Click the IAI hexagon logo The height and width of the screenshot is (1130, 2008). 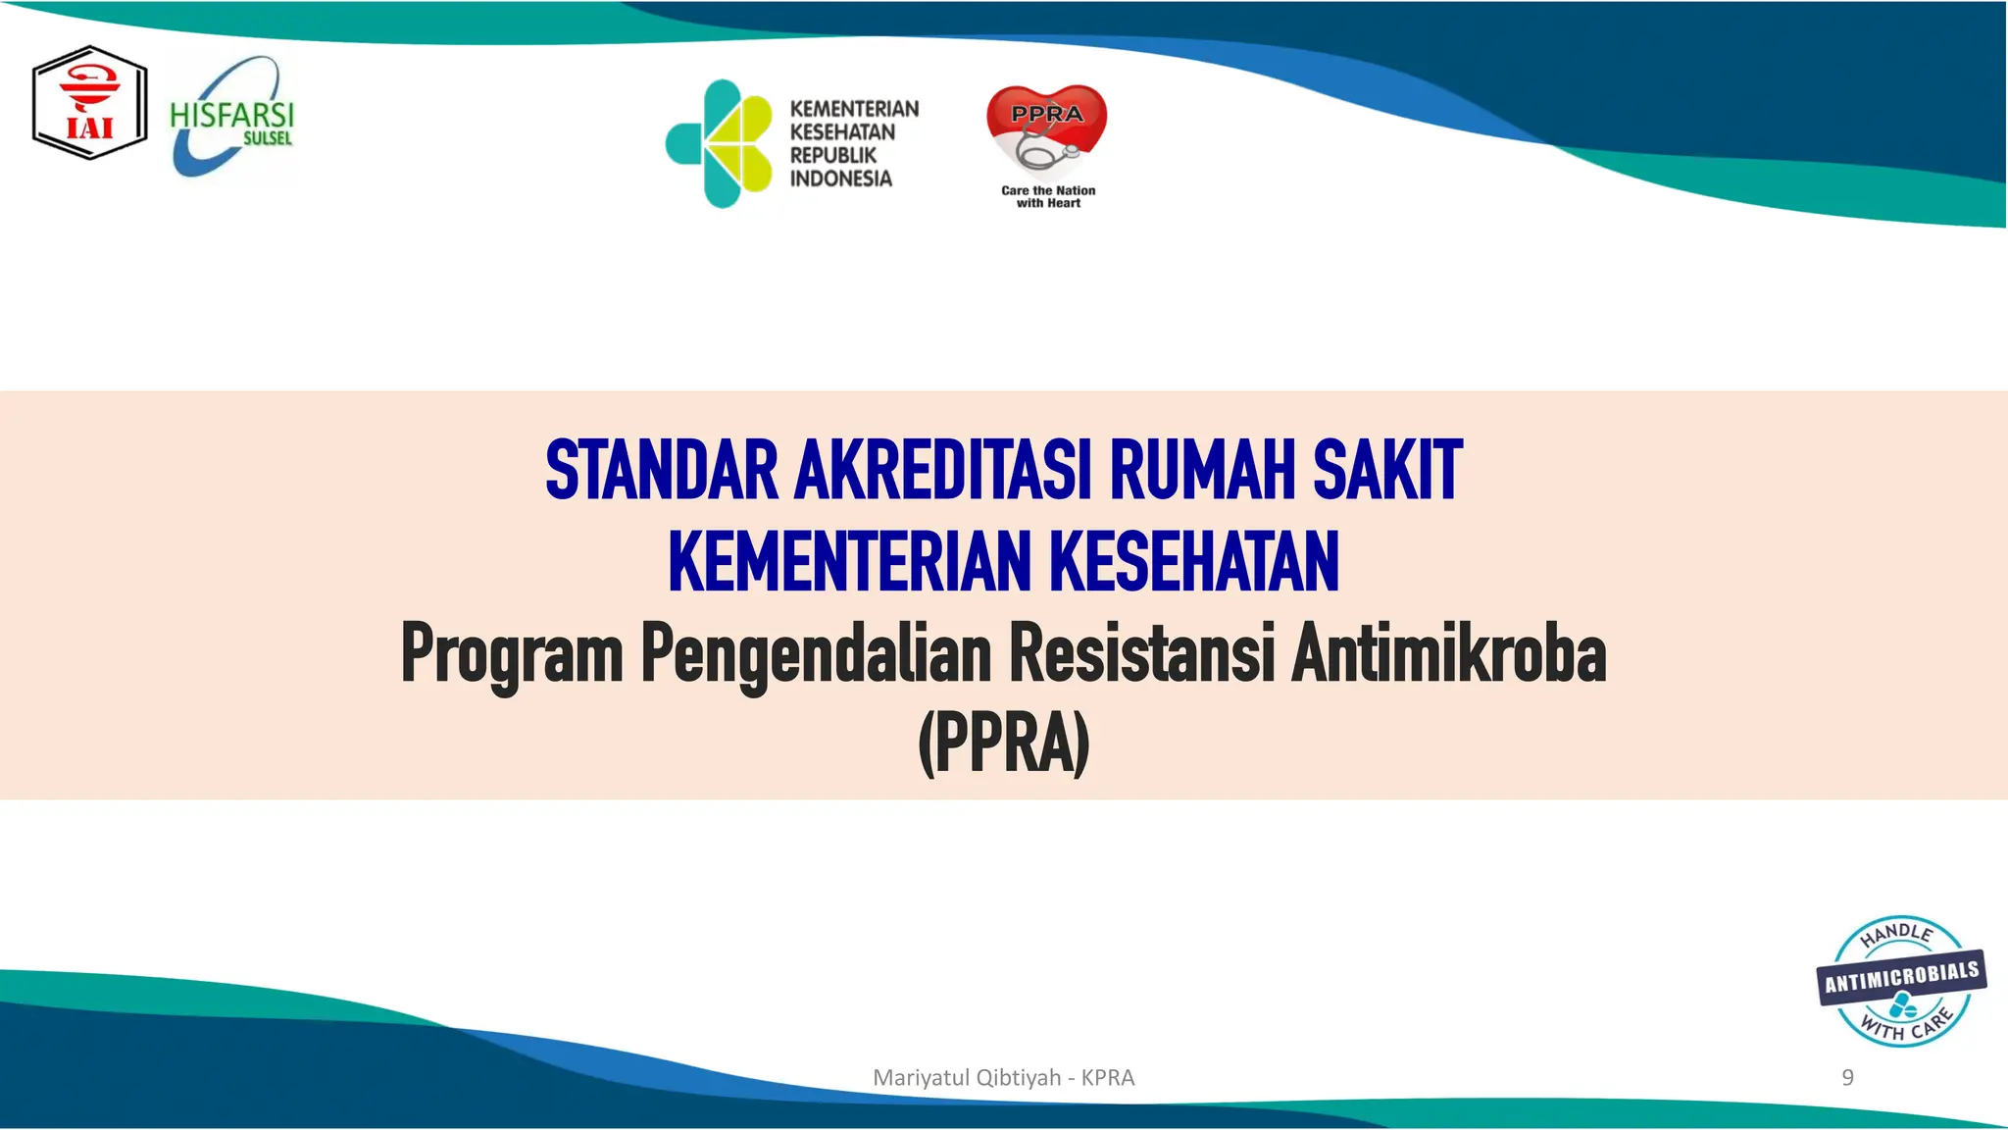click(x=89, y=103)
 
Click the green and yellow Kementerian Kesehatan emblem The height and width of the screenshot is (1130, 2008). click(x=720, y=143)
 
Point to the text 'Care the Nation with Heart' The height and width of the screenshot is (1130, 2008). click(x=1048, y=196)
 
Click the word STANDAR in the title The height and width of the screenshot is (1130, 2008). click(x=662, y=471)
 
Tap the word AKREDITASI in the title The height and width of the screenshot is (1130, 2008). click(x=942, y=471)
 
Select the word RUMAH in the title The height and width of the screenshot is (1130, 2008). click(x=1202, y=471)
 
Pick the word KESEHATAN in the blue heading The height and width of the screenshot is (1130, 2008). click(x=1194, y=561)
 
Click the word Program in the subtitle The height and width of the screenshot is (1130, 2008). click(x=512, y=654)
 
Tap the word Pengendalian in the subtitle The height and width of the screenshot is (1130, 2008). click(x=816, y=654)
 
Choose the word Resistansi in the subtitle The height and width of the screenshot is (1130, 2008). click(x=1142, y=654)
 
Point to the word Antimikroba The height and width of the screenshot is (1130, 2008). click(x=1449, y=654)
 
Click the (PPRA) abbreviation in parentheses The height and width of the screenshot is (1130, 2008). click(x=1004, y=744)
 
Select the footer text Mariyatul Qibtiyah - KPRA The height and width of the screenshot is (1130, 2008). click(x=1003, y=1077)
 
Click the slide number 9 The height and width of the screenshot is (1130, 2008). click(x=1847, y=1077)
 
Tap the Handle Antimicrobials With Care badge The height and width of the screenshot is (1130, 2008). click(x=1901, y=982)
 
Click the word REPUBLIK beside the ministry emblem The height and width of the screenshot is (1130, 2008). click(x=833, y=155)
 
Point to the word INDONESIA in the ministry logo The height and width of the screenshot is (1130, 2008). click(x=841, y=179)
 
